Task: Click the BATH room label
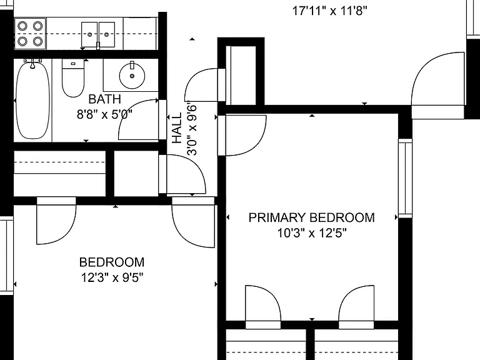[x=105, y=99]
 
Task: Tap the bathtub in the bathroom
[x=32, y=99]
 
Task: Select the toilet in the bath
[x=73, y=77]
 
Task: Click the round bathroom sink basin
[x=132, y=76]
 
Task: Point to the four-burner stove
[x=30, y=33]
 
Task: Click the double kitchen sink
[x=98, y=34]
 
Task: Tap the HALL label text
[x=177, y=127]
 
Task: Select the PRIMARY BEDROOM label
[x=312, y=217]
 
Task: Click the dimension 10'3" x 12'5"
[x=312, y=233]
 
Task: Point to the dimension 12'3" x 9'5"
[x=112, y=278]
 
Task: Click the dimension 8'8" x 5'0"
[x=105, y=114]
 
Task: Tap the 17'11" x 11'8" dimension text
[x=330, y=11]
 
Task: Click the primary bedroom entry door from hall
[x=242, y=135]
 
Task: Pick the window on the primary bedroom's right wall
[x=405, y=178]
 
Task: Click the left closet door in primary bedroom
[x=263, y=307]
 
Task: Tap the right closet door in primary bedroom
[x=356, y=307]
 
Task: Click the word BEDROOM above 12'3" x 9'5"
[x=112, y=262]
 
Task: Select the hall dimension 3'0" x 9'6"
[x=192, y=131]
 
